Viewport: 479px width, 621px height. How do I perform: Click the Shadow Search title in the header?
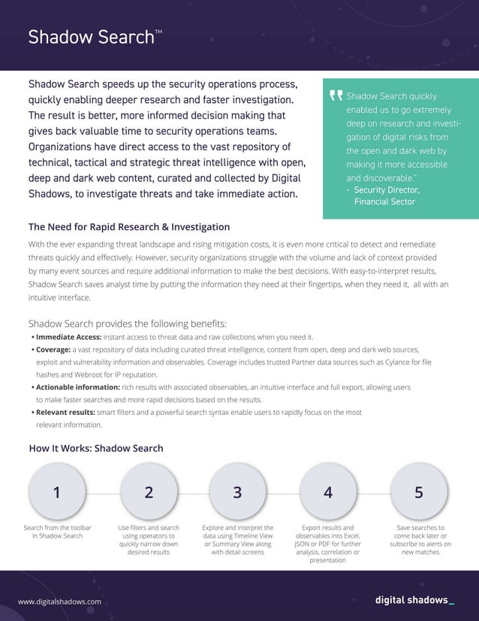click(90, 38)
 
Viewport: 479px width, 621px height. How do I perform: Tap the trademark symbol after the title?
click(158, 32)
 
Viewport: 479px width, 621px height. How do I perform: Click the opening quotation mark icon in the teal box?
click(336, 96)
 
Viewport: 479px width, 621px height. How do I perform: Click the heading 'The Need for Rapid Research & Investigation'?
click(128, 227)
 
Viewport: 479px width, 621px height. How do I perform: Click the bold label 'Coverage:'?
click(53, 350)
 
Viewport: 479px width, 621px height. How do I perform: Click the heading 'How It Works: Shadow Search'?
click(95, 448)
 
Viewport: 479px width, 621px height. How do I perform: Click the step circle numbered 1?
click(58, 492)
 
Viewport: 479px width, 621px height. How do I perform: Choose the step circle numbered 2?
click(149, 492)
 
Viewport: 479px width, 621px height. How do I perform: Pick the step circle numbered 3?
click(237, 492)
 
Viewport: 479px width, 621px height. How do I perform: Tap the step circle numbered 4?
click(328, 492)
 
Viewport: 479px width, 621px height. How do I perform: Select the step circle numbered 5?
click(419, 492)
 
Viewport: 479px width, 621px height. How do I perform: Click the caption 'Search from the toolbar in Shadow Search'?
click(58, 532)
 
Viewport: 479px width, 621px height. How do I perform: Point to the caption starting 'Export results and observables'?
click(328, 544)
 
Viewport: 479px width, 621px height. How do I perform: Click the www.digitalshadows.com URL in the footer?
click(59, 601)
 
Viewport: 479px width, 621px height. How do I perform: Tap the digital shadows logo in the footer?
click(414, 600)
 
